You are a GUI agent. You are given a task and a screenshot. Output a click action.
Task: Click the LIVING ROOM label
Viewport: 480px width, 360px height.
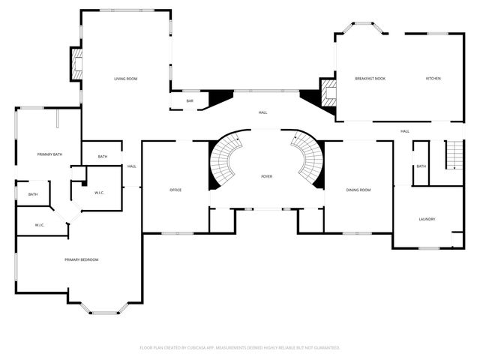(x=126, y=79)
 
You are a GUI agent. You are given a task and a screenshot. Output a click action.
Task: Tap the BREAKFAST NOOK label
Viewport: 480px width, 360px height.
(x=370, y=79)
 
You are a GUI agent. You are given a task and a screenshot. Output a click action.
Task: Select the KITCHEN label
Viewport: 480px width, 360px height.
(x=433, y=79)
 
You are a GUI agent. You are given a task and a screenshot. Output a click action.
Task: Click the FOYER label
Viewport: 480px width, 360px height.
(x=266, y=177)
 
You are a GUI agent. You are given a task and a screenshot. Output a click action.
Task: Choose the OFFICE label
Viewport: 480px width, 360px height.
(x=175, y=190)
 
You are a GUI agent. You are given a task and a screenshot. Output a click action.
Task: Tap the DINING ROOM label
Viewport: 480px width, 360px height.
(x=358, y=190)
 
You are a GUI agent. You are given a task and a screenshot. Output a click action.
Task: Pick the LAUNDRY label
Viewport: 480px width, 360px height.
(x=427, y=219)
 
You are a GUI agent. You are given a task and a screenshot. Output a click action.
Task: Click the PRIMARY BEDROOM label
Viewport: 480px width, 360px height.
(x=81, y=259)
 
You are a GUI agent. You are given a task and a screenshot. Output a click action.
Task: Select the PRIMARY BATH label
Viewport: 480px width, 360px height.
(x=49, y=154)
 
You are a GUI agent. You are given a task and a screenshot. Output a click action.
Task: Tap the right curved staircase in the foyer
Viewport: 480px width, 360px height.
(x=307, y=157)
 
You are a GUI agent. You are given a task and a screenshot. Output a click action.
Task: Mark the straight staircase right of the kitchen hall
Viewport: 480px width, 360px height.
(x=454, y=155)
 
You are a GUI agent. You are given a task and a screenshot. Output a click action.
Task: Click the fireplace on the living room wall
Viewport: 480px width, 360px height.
(x=76, y=64)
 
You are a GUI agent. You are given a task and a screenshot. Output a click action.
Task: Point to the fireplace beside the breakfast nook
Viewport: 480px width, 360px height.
(x=328, y=93)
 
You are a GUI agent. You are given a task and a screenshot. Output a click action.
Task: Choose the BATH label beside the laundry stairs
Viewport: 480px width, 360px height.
(x=421, y=166)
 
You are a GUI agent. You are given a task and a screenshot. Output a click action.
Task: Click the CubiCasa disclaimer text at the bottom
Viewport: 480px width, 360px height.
(x=240, y=347)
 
